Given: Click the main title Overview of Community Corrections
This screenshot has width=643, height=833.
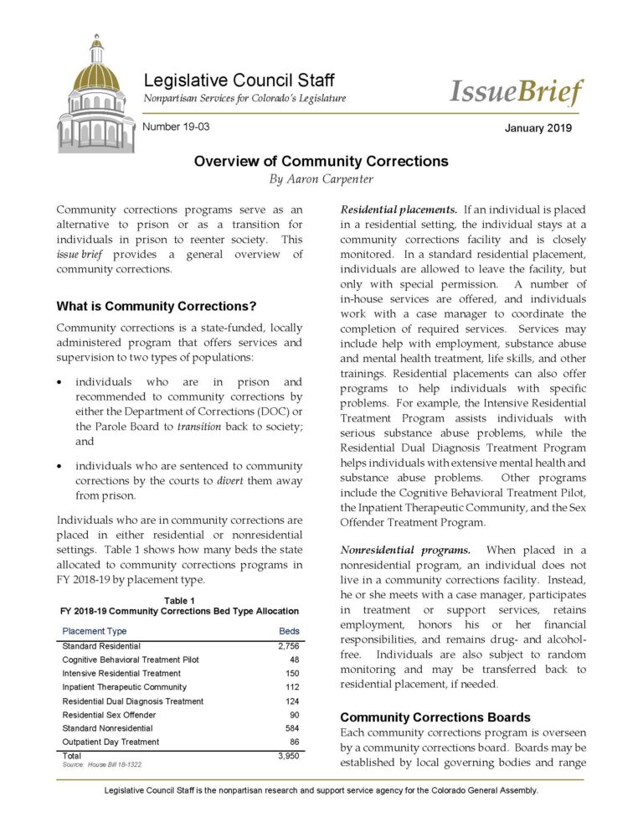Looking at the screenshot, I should coord(321,161).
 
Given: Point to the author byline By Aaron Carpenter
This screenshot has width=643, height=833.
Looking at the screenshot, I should coord(321,179).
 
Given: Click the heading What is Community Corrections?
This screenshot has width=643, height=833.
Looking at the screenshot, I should coord(156,306).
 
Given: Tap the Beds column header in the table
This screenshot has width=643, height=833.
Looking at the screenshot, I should coord(288,630).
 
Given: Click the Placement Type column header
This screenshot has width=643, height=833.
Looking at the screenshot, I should coord(95,630).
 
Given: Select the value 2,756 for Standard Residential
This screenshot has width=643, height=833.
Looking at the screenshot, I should coord(286,646).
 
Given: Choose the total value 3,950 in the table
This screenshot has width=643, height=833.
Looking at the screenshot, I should coord(286,756).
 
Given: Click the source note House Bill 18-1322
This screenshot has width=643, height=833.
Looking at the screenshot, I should coord(103,765).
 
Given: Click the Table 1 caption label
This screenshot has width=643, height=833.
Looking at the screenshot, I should coord(179,601).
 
